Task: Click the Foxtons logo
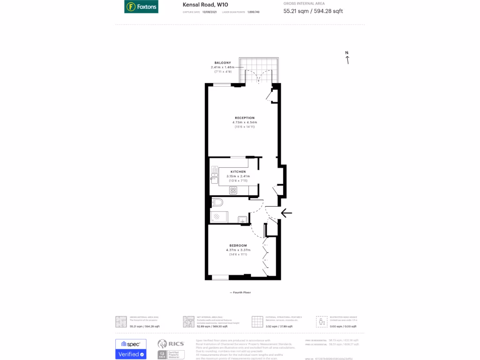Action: pyautogui.click(x=141, y=7)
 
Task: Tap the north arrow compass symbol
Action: pyautogui.click(x=347, y=58)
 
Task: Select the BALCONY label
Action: pyautogui.click(x=223, y=63)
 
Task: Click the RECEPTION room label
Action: pyautogui.click(x=245, y=118)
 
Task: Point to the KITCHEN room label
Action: pyautogui.click(x=238, y=172)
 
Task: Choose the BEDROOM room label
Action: pyautogui.click(x=238, y=246)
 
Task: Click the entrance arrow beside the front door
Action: pyautogui.click(x=286, y=213)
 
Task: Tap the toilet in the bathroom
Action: pyautogui.click(x=217, y=202)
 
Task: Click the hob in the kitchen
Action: pyautogui.click(x=233, y=190)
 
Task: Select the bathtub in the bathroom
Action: pyautogui.click(x=219, y=217)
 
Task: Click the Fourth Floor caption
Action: pyautogui.click(x=240, y=292)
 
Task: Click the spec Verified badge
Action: pyautogui.click(x=131, y=349)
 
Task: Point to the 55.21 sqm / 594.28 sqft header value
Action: pyautogui.click(x=313, y=11)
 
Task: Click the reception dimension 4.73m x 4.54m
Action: pyautogui.click(x=245, y=122)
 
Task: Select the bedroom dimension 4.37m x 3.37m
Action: pyautogui.click(x=238, y=250)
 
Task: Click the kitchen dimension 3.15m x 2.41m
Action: pyautogui.click(x=238, y=176)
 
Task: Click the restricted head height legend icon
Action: pyautogui.click(x=322, y=322)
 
